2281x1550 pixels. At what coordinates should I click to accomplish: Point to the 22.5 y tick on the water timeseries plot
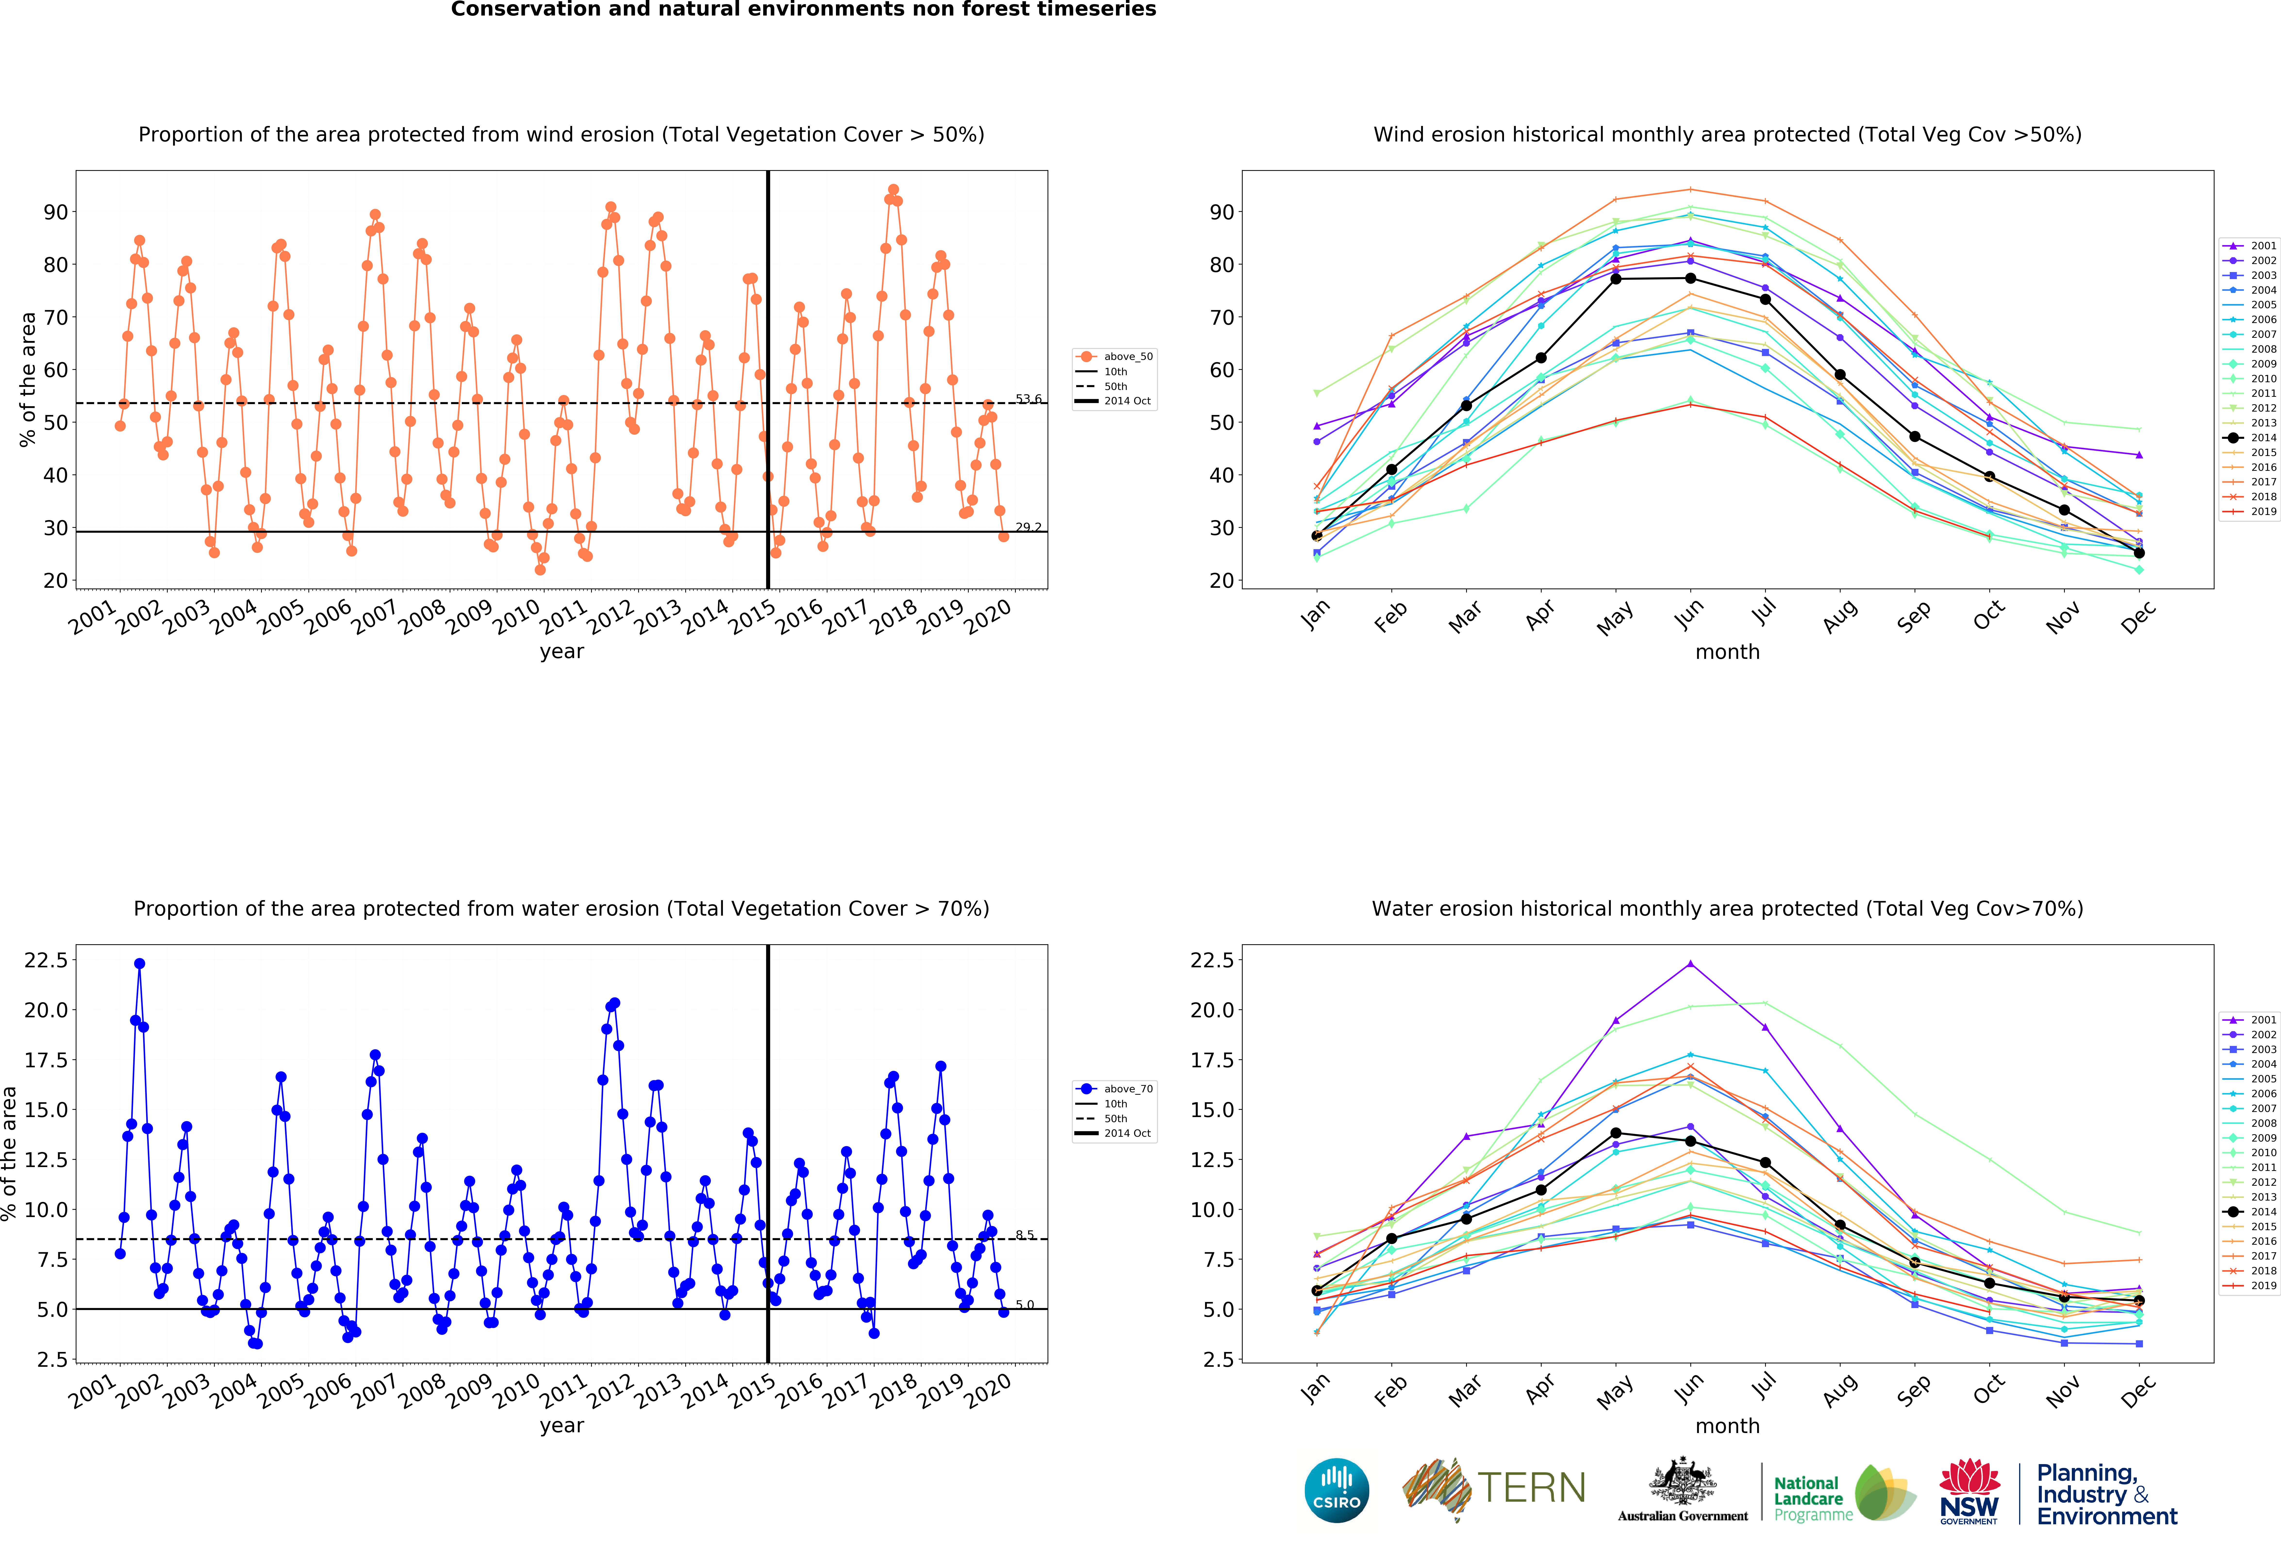pyautogui.click(x=46, y=960)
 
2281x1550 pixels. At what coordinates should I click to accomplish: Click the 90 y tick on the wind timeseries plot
pyautogui.click(x=56, y=212)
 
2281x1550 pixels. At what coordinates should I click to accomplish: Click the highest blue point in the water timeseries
pyautogui.click(x=139, y=964)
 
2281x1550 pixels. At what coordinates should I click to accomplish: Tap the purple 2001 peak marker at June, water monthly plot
pyautogui.click(x=1690, y=964)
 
